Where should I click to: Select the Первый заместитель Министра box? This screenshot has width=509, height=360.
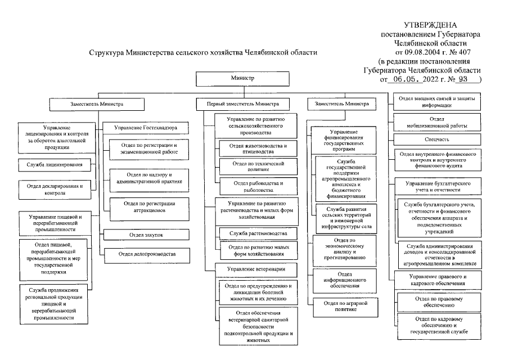coord(244,104)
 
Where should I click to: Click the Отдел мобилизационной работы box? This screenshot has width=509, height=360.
coord(437,123)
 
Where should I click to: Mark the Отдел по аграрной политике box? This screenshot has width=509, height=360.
coord(342,306)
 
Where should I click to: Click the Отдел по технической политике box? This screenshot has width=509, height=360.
coord(258,166)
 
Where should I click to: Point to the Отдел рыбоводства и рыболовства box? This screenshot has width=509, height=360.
coord(258,187)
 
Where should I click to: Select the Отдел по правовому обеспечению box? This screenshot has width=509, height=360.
coord(439,301)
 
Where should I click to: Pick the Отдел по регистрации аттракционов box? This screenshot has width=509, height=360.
coord(147,206)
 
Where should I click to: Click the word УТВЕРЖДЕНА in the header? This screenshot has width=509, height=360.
coord(430,25)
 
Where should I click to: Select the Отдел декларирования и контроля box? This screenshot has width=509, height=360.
coord(55,188)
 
